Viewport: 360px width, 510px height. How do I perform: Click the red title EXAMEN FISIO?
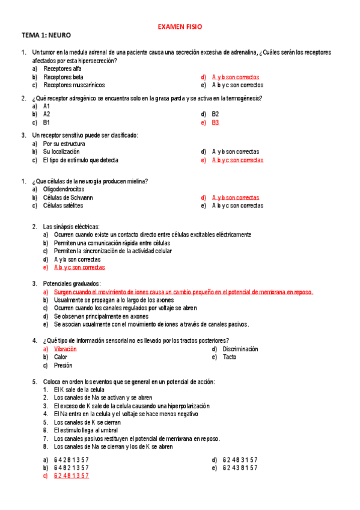pyautogui.click(x=180, y=27)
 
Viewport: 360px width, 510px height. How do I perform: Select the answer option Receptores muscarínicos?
pyautogui.click(x=74, y=85)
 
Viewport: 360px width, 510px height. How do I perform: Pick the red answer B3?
pyautogui.click(x=216, y=122)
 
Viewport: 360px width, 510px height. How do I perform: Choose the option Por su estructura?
pyautogui.click(x=64, y=144)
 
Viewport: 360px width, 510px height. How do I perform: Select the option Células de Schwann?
pyautogui.click(x=68, y=197)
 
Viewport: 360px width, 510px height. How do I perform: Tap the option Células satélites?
pyautogui.click(x=63, y=206)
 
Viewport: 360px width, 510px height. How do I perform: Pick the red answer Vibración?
pyautogui.click(x=66, y=349)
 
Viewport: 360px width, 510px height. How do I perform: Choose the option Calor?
pyautogui.click(x=61, y=357)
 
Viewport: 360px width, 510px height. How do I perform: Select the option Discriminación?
pyautogui.click(x=240, y=349)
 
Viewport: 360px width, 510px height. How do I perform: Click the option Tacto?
pyautogui.click(x=230, y=357)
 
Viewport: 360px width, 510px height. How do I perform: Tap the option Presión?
pyautogui.click(x=63, y=365)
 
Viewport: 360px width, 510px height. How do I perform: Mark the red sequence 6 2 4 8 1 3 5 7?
pyautogui.click(x=71, y=475)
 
